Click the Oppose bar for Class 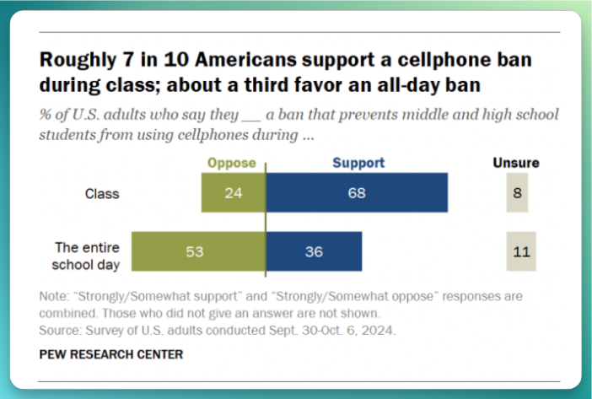point(233,193)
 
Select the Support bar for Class point(357,193)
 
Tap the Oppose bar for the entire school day point(198,251)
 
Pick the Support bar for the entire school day point(314,251)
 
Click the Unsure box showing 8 point(515,193)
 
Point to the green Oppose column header point(231,163)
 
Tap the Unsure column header point(515,163)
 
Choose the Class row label point(102,193)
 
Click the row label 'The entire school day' point(89,252)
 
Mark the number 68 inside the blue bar point(357,193)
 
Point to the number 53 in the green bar point(196,251)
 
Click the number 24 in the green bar point(233,193)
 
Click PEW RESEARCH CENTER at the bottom point(110,355)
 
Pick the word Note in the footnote point(54,297)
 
